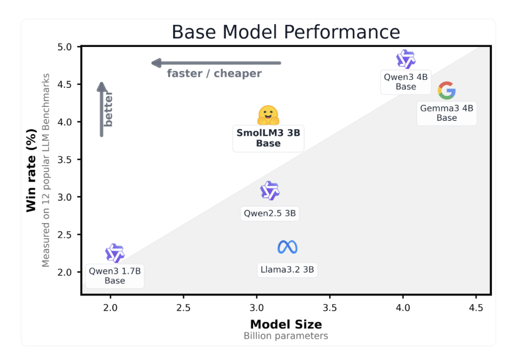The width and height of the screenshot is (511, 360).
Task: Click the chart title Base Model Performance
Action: coord(286,32)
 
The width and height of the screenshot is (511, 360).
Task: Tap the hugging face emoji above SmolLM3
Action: coord(268,115)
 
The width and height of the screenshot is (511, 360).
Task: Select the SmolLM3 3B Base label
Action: coord(268,138)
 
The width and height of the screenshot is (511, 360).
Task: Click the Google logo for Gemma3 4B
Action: coord(447,90)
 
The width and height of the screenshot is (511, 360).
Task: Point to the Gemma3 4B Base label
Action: coord(447,113)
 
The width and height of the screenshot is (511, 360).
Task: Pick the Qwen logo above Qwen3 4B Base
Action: coord(406,59)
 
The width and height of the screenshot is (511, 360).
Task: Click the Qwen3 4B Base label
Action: coord(406,82)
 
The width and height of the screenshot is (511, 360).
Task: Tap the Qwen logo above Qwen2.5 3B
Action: coord(270,190)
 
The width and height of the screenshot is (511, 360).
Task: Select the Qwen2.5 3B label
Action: coord(270,213)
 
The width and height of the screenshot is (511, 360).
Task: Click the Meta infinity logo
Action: coord(287,247)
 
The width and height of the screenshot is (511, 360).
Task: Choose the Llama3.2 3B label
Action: coord(287,270)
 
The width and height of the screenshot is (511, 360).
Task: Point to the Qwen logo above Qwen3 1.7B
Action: coord(115,253)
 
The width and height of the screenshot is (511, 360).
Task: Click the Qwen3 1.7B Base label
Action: coord(115,276)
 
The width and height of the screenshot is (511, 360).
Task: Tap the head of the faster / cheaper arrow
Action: coord(156,63)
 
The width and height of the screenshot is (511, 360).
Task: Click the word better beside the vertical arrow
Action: coord(108,109)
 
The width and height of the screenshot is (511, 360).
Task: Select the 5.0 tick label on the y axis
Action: coord(64,47)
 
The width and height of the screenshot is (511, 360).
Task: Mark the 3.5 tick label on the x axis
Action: coord(330,308)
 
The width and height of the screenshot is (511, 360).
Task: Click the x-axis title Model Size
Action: coord(286,325)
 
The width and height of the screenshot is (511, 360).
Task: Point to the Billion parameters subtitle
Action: coord(286,336)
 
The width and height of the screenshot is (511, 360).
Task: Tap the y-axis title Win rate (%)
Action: coord(31,171)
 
